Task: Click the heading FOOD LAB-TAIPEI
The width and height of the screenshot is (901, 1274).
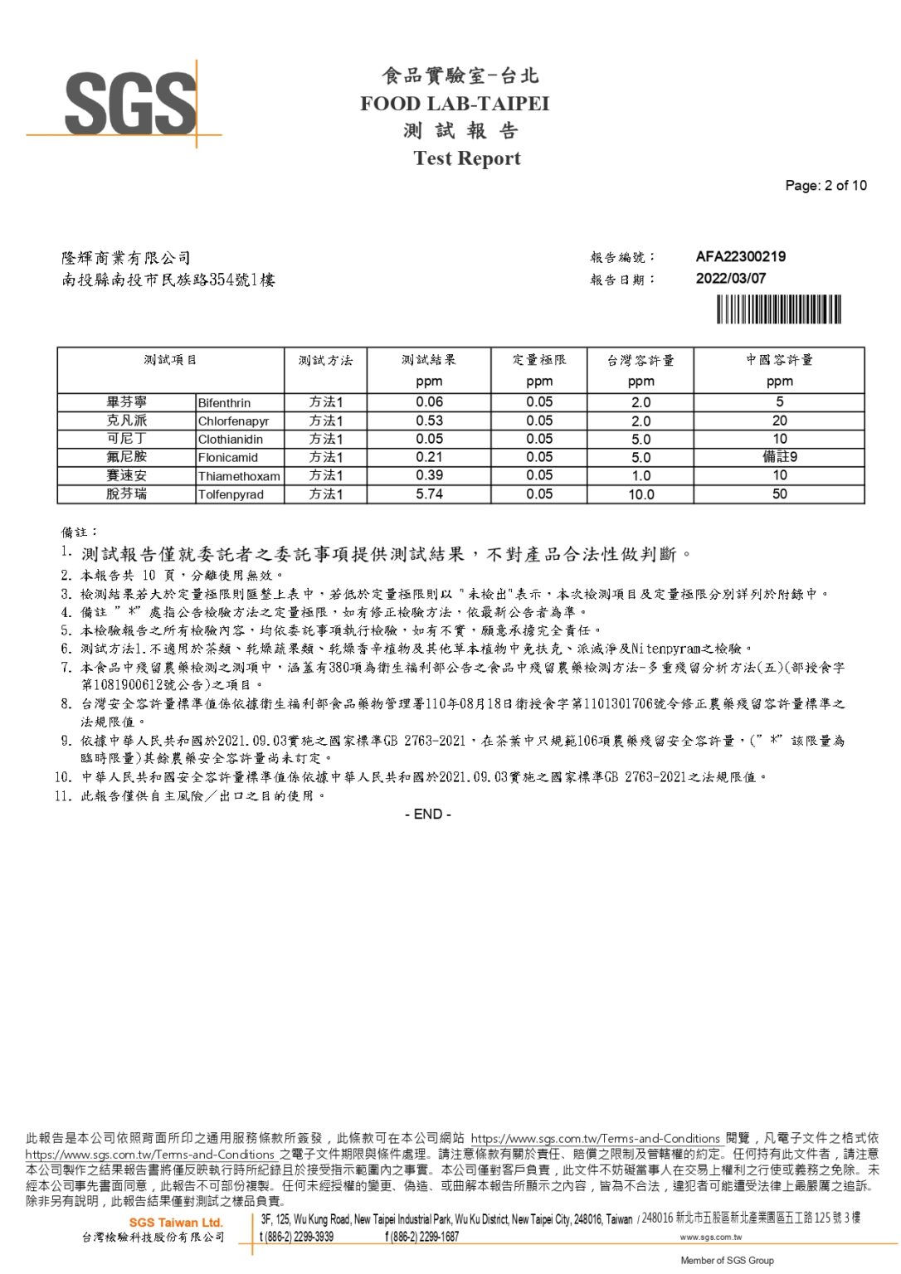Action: coord(454,104)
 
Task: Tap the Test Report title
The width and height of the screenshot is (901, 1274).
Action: coord(466,158)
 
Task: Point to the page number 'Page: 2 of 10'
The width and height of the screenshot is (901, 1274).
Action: coord(826,186)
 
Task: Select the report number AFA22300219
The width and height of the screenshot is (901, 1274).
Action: coord(740,257)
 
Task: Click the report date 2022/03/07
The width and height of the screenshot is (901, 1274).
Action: coord(730,279)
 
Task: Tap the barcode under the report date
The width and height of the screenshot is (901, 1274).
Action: coord(778,309)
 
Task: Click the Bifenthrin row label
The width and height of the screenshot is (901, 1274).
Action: coord(224,403)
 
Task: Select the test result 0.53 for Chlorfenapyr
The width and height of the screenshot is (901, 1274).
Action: coord(429,421)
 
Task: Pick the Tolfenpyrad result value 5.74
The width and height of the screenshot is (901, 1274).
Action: coord(429,494)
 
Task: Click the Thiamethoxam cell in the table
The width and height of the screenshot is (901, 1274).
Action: coord(239,476)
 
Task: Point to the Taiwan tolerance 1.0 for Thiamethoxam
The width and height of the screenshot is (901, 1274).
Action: coord(640,476)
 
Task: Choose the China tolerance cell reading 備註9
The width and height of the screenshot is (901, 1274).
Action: coord(779,457)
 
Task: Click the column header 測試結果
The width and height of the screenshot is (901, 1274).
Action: coord(428,360)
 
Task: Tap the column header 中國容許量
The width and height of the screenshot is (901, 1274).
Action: coord(779,360)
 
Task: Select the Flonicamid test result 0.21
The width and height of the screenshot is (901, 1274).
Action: coord(429,457)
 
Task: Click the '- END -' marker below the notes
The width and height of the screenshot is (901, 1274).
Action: coord(428,814)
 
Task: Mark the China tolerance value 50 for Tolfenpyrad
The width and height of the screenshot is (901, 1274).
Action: coord(779,494)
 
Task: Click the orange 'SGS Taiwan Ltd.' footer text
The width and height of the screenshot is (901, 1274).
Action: coord(176,1223)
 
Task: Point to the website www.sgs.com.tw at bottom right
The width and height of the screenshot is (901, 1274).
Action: coord(710,1238)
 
